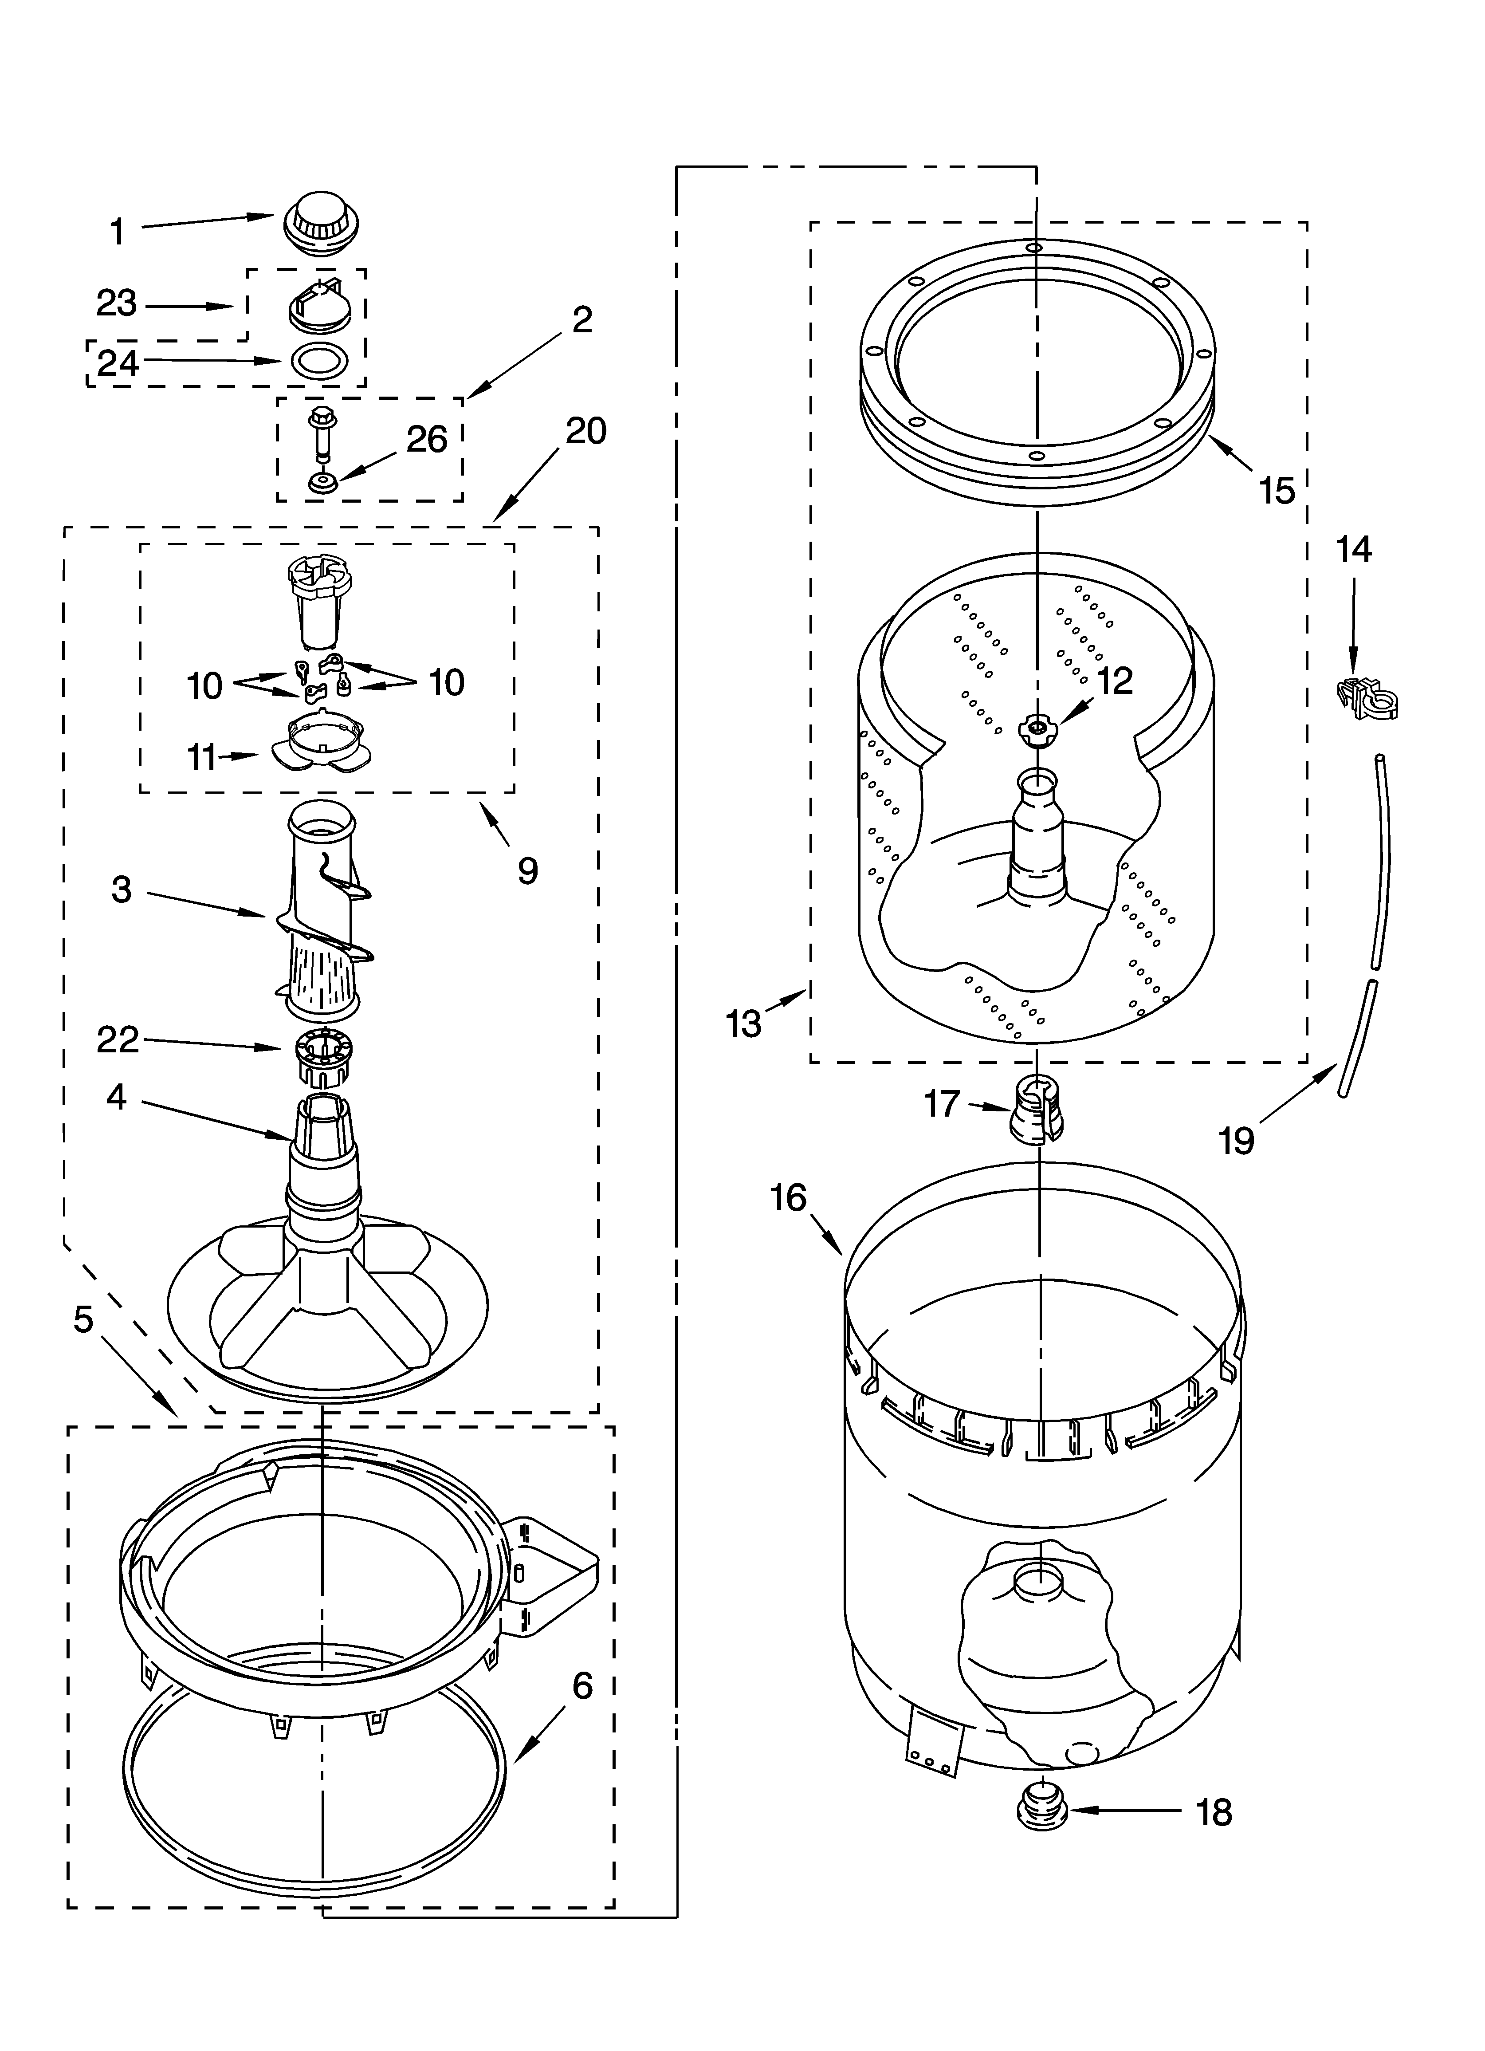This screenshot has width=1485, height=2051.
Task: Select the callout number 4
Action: tap(117, 1098)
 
